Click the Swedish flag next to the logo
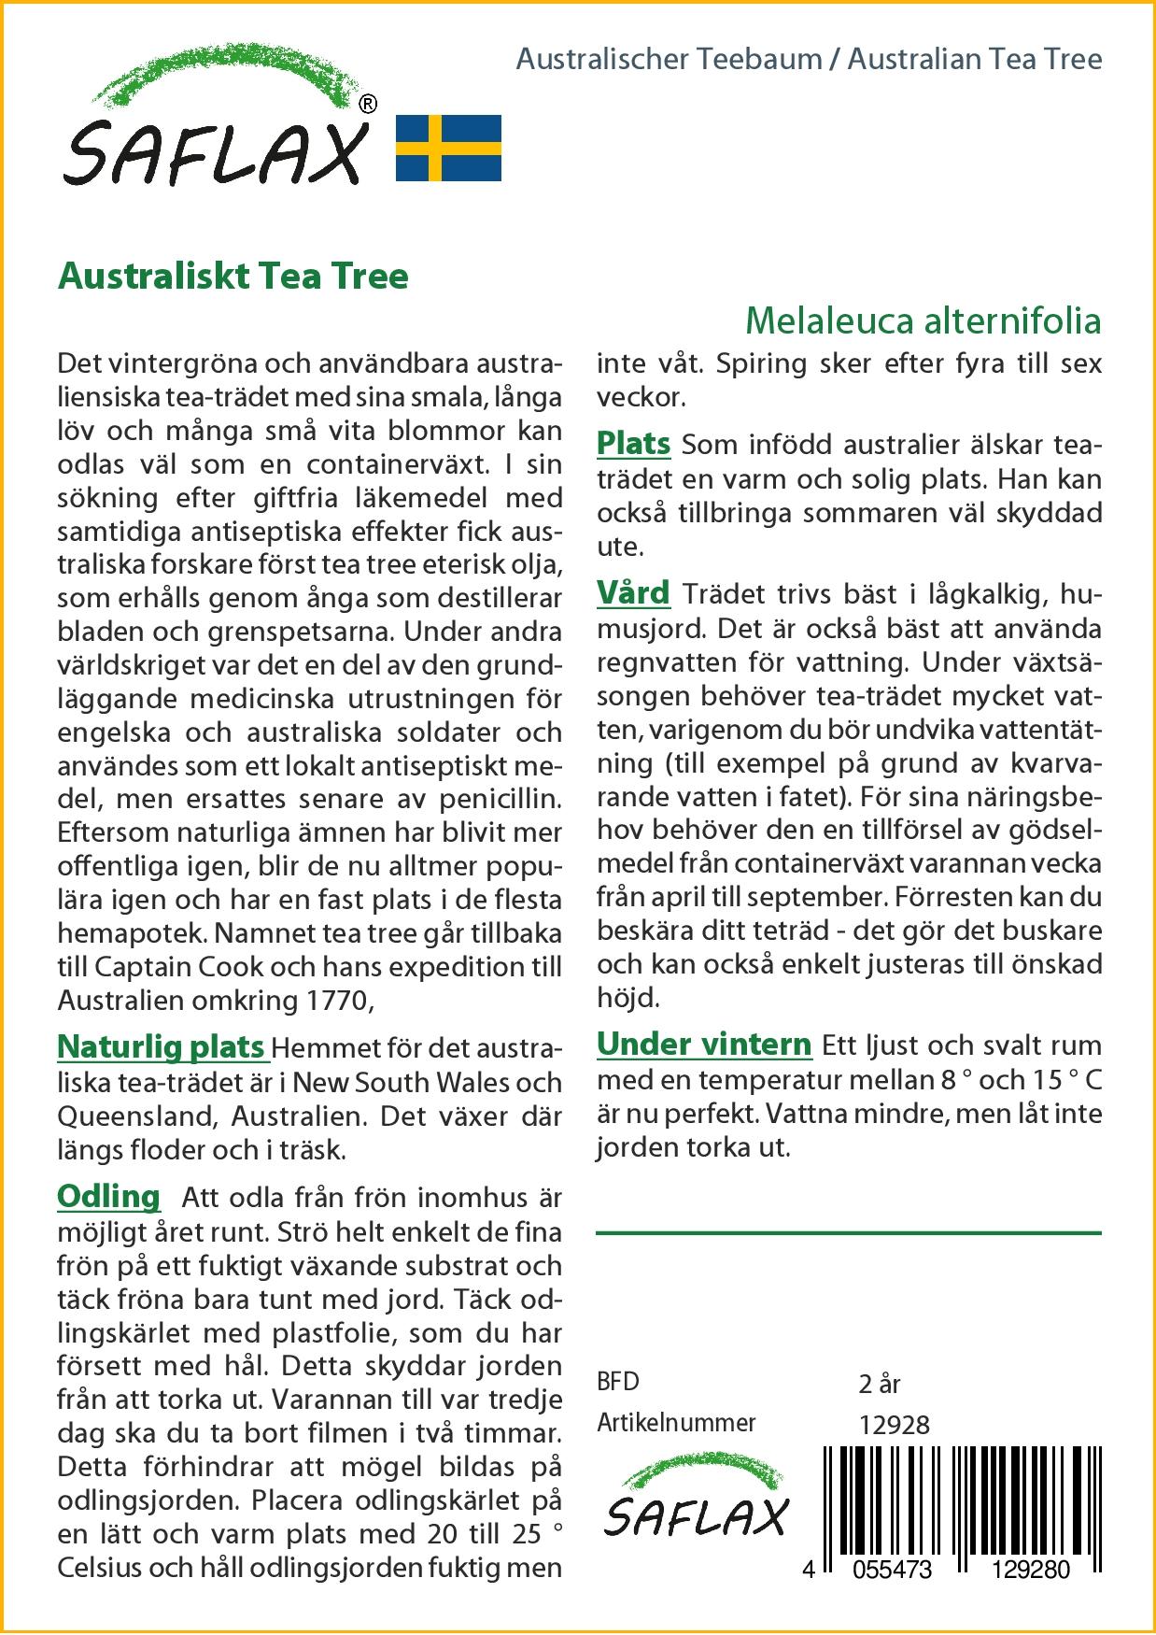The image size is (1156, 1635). [448, 148]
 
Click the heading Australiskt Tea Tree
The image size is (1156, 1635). [233, 277]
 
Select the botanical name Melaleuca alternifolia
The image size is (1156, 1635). [923, 320]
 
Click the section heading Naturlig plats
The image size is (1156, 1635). [162, 1046]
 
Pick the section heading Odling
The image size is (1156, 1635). [108, 1196]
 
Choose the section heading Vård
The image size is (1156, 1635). [633, 592]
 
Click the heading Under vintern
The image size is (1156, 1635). [704, 1044]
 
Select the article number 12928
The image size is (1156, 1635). [894, 1424]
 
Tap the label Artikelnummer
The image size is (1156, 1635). [676, 1423]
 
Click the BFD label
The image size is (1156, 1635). [618, 1382]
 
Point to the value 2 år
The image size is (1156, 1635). [880, 1383]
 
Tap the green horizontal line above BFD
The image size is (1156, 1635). [848, 1233]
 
